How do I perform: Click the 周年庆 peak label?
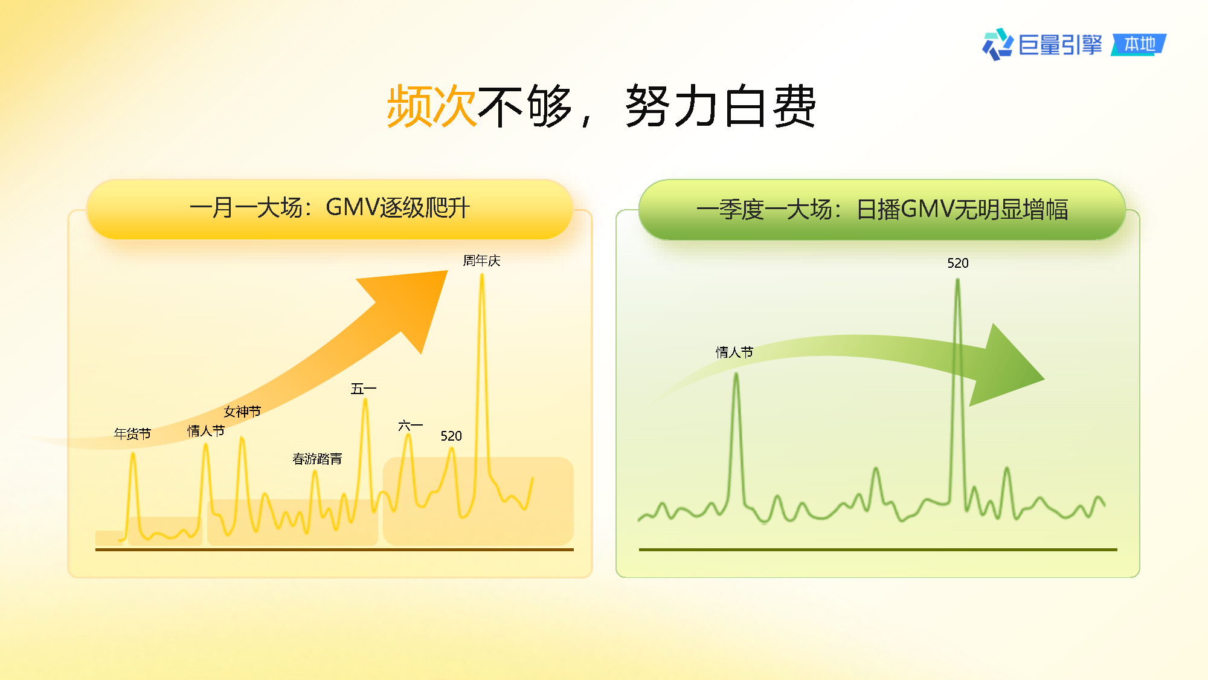point(481,261)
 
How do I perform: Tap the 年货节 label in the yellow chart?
point(132,433)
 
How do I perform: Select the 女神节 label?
point(242,412)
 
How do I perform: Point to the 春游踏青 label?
point(317,459)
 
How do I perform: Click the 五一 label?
point(364,389)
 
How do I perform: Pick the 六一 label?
point(410,426)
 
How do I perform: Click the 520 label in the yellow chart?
point(451,436)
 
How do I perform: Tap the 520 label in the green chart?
point(958,263)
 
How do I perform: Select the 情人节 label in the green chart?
point(734,352)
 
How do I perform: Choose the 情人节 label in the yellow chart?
point(206,431)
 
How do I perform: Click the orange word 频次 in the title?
point(432,106)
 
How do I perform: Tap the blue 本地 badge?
point(1139,44)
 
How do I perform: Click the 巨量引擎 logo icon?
point(997,44)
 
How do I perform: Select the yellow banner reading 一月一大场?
point(330,209)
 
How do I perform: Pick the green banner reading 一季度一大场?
point(882,209)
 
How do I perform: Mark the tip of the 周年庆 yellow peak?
point(482,275)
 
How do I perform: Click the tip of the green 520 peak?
point(957,280)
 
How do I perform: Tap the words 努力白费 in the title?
point(721,106)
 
